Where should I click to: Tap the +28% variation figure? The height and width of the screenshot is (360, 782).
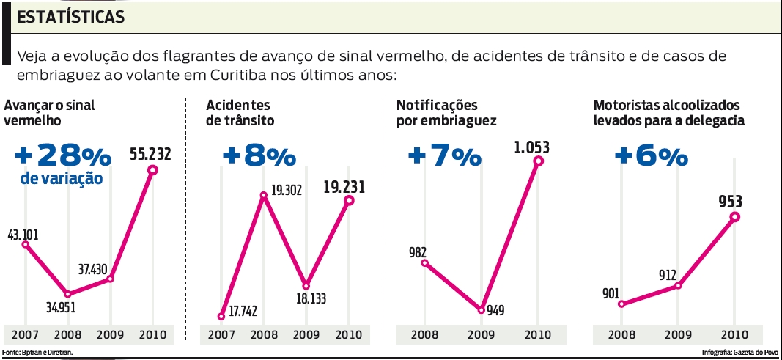coord(62,155)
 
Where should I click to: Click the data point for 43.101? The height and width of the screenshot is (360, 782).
coord(26,244)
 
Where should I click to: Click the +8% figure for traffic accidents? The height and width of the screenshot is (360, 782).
coord(259,156)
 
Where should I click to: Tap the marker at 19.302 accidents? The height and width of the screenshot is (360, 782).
coord(263,196)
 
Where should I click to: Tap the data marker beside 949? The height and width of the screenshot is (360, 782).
coord(482,309)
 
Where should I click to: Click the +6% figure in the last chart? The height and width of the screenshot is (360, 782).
coord(651,156)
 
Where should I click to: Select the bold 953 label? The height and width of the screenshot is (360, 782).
coord(733,202)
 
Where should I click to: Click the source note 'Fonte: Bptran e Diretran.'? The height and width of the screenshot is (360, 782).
coord(37,353)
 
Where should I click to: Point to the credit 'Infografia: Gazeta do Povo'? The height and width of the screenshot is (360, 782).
coord(741,353)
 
